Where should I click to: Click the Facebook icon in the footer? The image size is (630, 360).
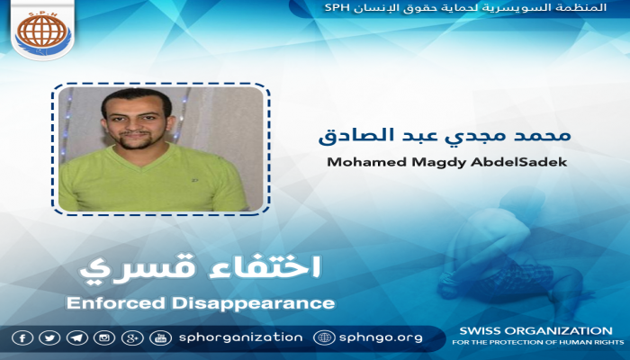point(22,337)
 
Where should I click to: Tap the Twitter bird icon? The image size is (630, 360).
point(49,337)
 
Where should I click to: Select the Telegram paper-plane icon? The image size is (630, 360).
point(77,337)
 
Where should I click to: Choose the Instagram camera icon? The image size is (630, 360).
point(105,337)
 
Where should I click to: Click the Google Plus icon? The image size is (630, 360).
point(133,337)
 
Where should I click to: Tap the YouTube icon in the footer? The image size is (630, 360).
point(161,337)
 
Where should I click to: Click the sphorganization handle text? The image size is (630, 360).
point(239,337)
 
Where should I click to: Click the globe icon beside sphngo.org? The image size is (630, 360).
point(324,337)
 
